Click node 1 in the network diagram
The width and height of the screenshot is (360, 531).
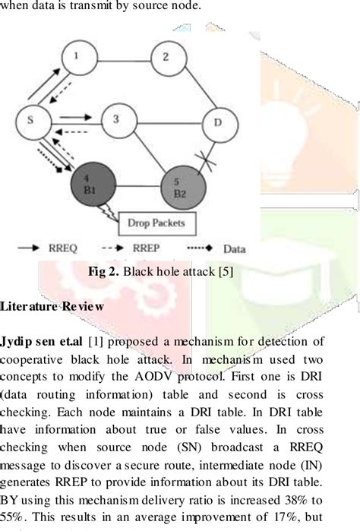[x=74, y=58]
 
